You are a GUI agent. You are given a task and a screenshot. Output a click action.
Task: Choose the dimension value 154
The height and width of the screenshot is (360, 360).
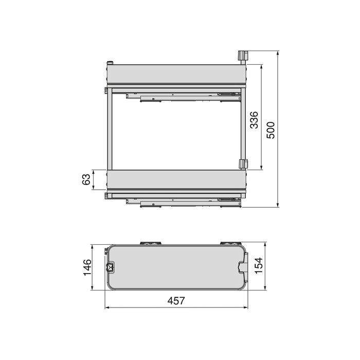pos(259,266)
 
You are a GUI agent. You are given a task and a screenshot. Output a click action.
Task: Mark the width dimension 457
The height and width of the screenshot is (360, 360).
pos(176,301)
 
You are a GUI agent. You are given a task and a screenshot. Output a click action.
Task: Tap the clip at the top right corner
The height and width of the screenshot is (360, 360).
pos(242,56)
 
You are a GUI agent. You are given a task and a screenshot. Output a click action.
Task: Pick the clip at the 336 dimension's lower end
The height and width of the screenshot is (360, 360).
pos(243,164)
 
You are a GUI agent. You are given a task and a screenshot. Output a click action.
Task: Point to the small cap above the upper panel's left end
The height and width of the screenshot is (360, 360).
pos(109,63)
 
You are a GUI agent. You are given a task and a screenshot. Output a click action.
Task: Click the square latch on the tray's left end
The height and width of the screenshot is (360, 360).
pos(110,267)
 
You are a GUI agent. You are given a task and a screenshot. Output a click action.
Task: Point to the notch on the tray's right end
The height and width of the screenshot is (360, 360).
pos(243,266)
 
